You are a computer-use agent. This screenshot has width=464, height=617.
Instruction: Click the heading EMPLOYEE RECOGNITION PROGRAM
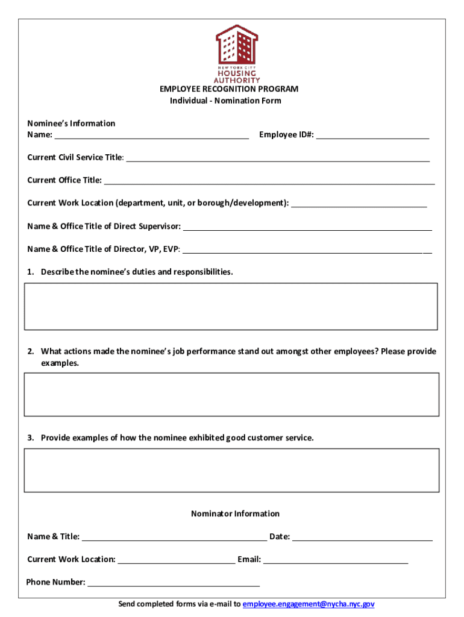click(229, 89)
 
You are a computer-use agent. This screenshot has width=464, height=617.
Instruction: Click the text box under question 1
click(231, 307)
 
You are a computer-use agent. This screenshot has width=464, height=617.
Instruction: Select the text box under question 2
click(231, 394)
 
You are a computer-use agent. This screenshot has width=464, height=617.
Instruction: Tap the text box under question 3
click(231, 470)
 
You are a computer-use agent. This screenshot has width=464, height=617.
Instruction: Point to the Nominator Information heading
click(235, 514)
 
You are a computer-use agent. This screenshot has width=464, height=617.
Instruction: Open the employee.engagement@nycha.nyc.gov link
click(309, 604)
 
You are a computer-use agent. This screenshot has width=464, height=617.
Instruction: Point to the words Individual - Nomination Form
click(225, 101)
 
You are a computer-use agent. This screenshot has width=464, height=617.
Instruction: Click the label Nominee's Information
click(71, 124)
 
